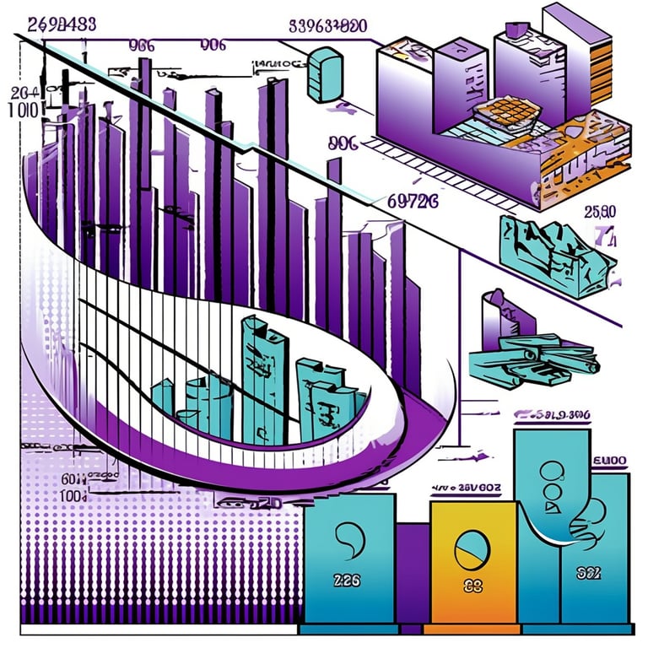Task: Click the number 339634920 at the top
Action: [327, 26]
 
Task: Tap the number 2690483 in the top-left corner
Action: [61, 24]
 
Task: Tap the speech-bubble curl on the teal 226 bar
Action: [347, 537]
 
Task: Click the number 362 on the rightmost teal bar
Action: [588, 574]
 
